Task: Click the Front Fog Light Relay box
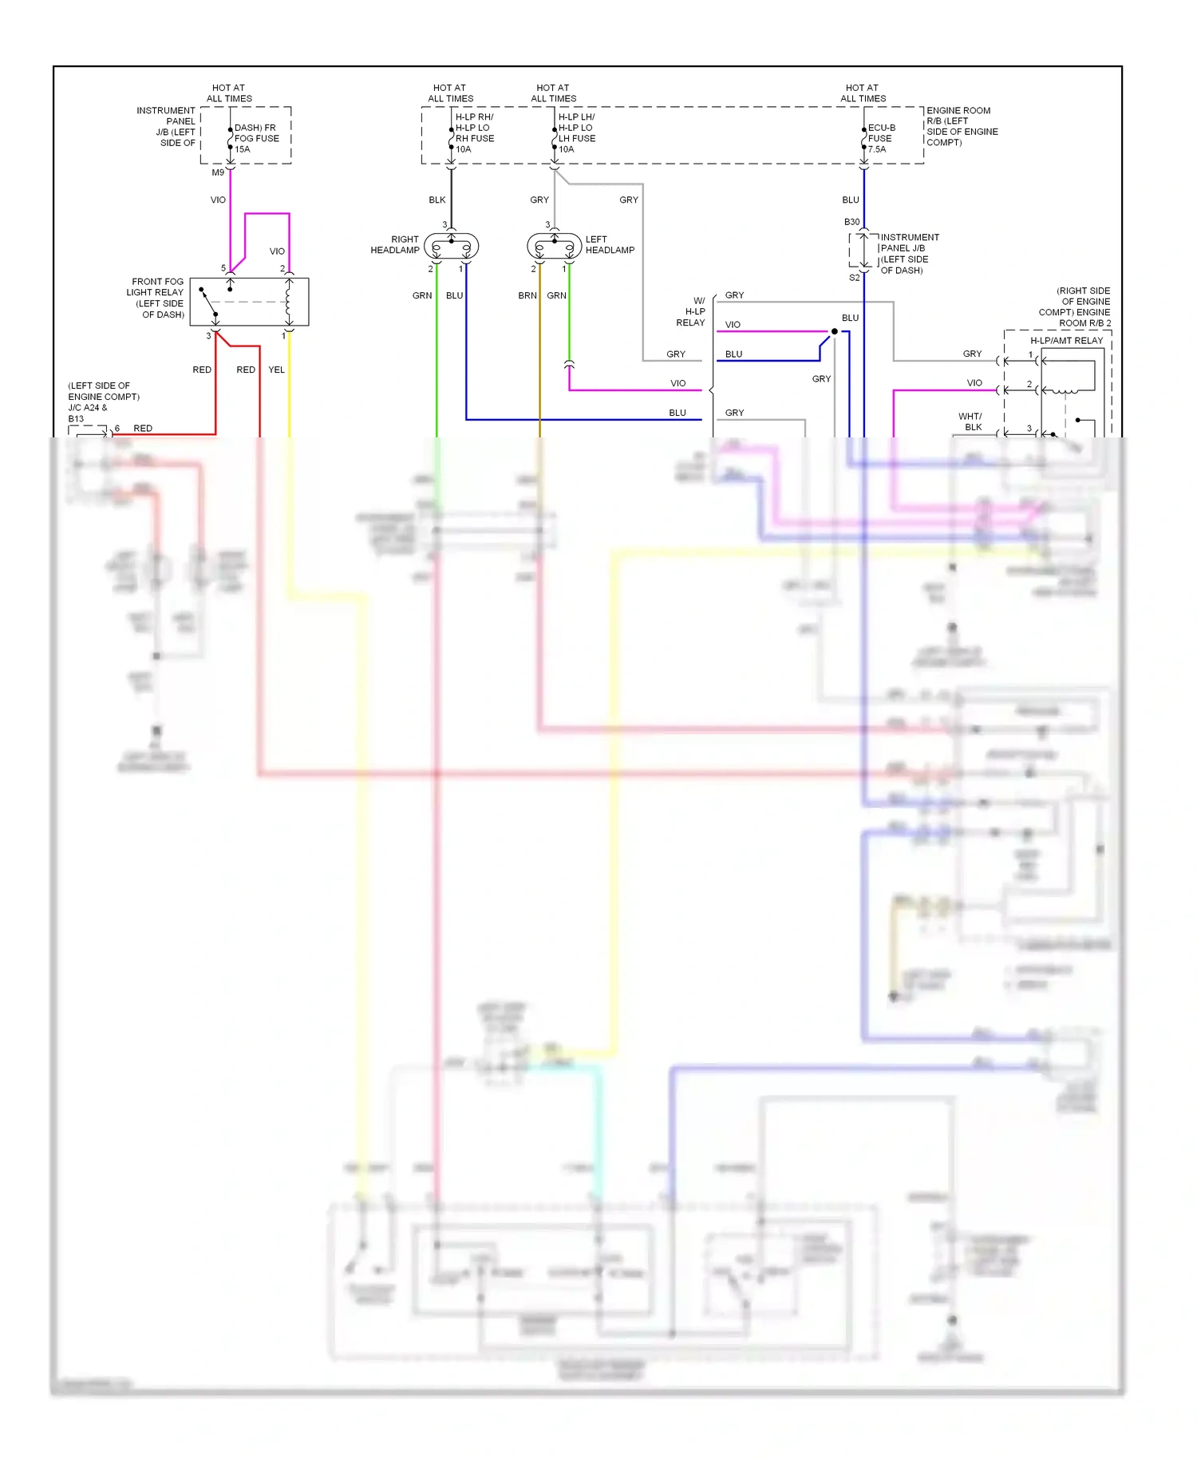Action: pos(249,302)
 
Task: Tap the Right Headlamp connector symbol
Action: pos(451,247)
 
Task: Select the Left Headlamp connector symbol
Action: pos(554,247)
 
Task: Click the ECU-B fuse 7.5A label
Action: pos(881,138)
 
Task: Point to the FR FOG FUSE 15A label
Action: pos(256,138)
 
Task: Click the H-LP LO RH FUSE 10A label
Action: pos(474,133)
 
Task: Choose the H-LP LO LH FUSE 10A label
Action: pos(576,133)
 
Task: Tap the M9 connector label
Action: pos(218,172)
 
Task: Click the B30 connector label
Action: pos(851,222)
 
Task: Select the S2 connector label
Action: pos(854,278)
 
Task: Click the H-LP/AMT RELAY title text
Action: pos(1066,341)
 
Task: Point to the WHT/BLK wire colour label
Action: pos(970,421)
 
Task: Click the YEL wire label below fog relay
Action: pos(276,370)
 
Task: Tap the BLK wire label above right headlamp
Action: pos(437,200)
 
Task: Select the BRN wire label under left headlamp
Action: pos(527,295)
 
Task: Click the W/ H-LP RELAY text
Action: pos(691,312)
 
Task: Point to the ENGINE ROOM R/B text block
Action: pos(961,127)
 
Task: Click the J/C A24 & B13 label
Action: pos(87,413)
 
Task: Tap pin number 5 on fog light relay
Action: pos(223,268)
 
